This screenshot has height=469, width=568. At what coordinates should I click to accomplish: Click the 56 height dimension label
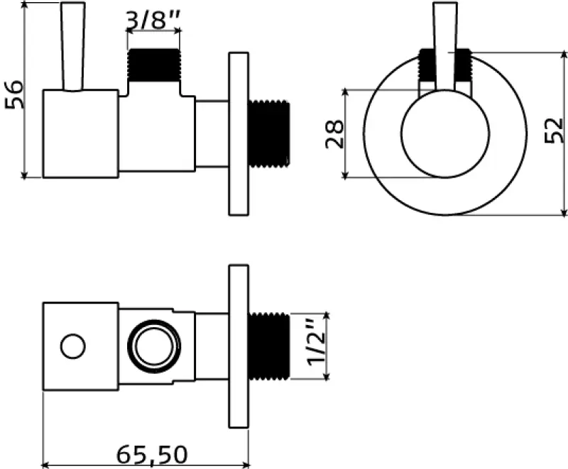(x=15, y=94)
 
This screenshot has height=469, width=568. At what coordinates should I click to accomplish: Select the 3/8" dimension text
(x=153, y=20)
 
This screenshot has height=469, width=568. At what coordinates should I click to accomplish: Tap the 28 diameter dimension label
(x=334, y=133)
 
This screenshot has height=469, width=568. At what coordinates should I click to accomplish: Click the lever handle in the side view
(x=72, y=46)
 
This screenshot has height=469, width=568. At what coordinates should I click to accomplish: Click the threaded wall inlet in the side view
(x=270, y=135)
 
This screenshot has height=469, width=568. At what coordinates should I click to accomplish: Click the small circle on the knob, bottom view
(x=72, y=347)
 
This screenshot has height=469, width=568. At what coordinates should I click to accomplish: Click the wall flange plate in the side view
(x=239, y=133)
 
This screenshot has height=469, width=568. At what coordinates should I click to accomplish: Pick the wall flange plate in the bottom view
(x=239, y=347)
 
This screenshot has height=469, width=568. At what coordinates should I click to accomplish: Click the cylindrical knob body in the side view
(x=80, y=133)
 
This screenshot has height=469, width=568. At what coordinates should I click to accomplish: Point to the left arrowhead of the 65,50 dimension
(x=47, y=464)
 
